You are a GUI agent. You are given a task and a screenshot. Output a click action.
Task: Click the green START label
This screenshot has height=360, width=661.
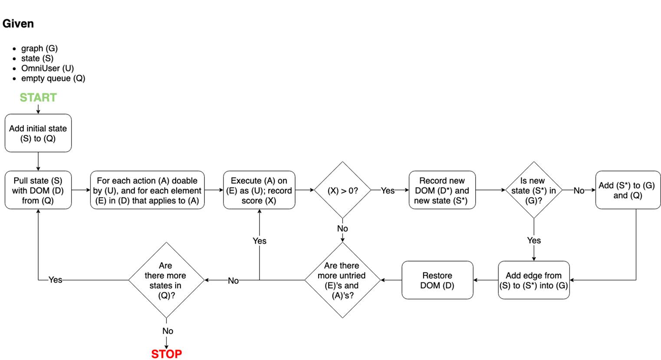[x=38, y=98]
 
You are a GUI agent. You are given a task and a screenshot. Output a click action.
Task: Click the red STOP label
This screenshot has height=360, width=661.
[x=166, y=354]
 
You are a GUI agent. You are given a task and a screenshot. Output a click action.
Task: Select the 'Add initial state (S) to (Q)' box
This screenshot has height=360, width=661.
[x=38, y=133]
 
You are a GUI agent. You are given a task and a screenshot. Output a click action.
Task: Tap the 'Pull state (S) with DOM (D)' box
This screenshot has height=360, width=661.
[x=38, y=190]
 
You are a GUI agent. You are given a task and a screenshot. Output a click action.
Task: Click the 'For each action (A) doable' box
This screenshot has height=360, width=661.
[x=147, y=190]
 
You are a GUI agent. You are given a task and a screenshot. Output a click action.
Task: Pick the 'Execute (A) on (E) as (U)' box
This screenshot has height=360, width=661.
[x=259, y=190]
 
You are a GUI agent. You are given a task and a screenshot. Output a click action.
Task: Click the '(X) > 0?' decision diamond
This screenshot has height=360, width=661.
[x=342, y=190]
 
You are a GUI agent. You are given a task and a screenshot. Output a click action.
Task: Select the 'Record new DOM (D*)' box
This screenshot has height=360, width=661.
[x=442, y=190]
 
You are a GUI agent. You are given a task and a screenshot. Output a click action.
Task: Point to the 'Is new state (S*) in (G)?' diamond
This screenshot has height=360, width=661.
[x=534, y=190]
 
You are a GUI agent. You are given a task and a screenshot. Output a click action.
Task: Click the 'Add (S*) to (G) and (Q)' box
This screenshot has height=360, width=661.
[x=628, y=190]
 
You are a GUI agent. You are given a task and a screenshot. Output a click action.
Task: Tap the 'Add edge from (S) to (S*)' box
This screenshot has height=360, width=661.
[x=534, y=280]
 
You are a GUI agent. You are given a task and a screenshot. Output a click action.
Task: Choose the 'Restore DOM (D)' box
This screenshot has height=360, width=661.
[x=437, y=280]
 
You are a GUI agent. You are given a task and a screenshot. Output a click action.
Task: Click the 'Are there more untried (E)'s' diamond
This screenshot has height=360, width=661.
[x=342, y=280]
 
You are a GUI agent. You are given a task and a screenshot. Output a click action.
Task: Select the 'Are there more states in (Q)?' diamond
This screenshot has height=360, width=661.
[x=166, y=280]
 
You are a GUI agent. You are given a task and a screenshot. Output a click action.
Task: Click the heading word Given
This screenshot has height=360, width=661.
[x=18, y=23]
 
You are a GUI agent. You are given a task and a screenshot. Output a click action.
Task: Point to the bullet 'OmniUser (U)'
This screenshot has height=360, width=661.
[x=47, y=69]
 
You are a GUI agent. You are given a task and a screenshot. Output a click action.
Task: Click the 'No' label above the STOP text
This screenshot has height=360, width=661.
[x=168, y=331]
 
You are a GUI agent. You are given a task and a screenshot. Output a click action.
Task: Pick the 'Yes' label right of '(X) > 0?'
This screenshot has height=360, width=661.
[x=388, y=191]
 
